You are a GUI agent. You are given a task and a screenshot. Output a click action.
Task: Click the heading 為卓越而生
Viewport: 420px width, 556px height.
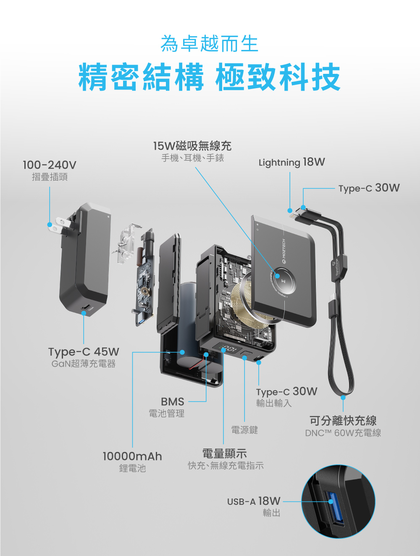[x=209, y=44]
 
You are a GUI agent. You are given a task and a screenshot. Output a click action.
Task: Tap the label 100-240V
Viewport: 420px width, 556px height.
[x=50, y=165]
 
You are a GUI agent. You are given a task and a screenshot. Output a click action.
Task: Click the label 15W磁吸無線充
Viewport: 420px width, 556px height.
[x=192, y=146]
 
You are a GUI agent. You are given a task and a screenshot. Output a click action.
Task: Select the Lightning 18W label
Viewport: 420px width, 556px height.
[x=291, y=162]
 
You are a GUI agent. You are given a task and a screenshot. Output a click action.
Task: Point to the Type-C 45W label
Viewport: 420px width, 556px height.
[x=84, y=352]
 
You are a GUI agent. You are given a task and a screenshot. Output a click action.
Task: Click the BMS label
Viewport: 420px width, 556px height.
[x=172, y=402]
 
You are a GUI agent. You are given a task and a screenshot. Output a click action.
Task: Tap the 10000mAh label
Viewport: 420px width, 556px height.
[x=132, y=456]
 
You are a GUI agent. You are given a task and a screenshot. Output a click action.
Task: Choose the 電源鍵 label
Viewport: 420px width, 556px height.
[x=244, y=430]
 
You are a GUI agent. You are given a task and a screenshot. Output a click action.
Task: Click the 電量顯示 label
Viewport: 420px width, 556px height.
[x=225, y=454]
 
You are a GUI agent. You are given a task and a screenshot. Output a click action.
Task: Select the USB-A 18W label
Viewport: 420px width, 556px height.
[x=254, y=501]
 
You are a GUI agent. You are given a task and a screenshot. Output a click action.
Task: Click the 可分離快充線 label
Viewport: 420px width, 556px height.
[x=343, y=420]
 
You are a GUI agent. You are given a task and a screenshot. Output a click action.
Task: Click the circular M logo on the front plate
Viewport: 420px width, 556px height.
[x=283, y=280]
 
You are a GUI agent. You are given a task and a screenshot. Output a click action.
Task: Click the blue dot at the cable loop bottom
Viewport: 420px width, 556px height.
[x=343, y=397]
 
